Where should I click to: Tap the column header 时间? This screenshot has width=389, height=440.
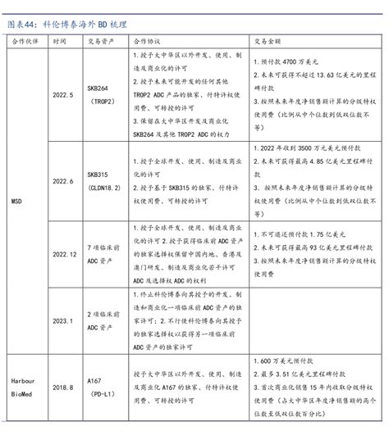coord(59,39)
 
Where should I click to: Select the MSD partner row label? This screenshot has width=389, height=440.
coord(16,199)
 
